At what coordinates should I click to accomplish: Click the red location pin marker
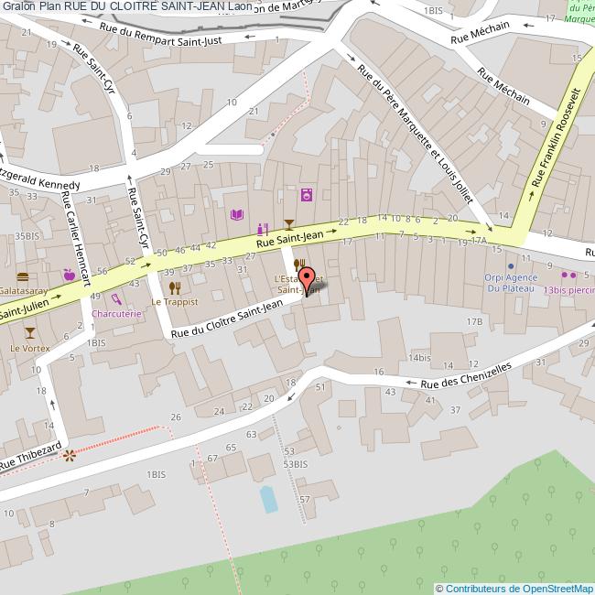click(308, 278)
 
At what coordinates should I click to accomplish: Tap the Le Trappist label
click(174, 301)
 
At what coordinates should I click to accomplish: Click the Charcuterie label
click(117, 312)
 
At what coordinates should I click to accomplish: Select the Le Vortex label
click(30, 349)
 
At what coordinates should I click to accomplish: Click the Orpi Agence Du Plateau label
click(509, 283)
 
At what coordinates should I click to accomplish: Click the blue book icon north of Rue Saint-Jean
click(237, 214)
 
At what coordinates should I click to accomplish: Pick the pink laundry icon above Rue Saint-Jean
click(306, 194)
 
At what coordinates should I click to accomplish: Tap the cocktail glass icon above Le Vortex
click(30, 331)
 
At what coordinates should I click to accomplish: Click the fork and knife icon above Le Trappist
click(174, 287)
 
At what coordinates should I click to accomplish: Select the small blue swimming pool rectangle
click(268, 499)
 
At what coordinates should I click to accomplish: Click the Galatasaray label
click(24, 288)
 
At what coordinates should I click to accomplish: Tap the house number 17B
click(473, 321)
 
